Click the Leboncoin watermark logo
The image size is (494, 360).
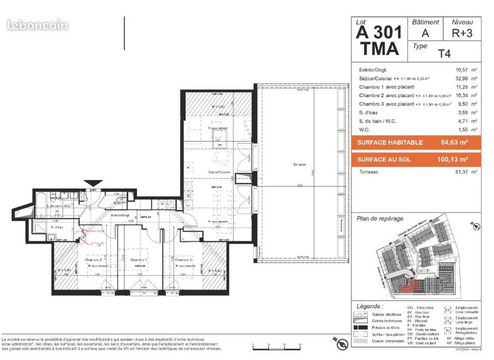(36, 26)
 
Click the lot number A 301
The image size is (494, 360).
(378, 33)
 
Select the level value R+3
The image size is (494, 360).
(462, 34)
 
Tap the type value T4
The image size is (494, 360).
(444, 54)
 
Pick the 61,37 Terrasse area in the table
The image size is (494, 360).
(462, 172)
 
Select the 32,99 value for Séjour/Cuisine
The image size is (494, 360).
(462, 78)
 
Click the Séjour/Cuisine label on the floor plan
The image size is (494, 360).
(219, 172)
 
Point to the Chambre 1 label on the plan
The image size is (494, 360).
(138, 260)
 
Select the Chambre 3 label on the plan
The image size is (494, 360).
(183, 260)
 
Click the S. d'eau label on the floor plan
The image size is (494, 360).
(57, 227)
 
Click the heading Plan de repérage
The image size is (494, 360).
(380, 219)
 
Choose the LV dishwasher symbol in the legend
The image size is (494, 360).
(447, 311)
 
